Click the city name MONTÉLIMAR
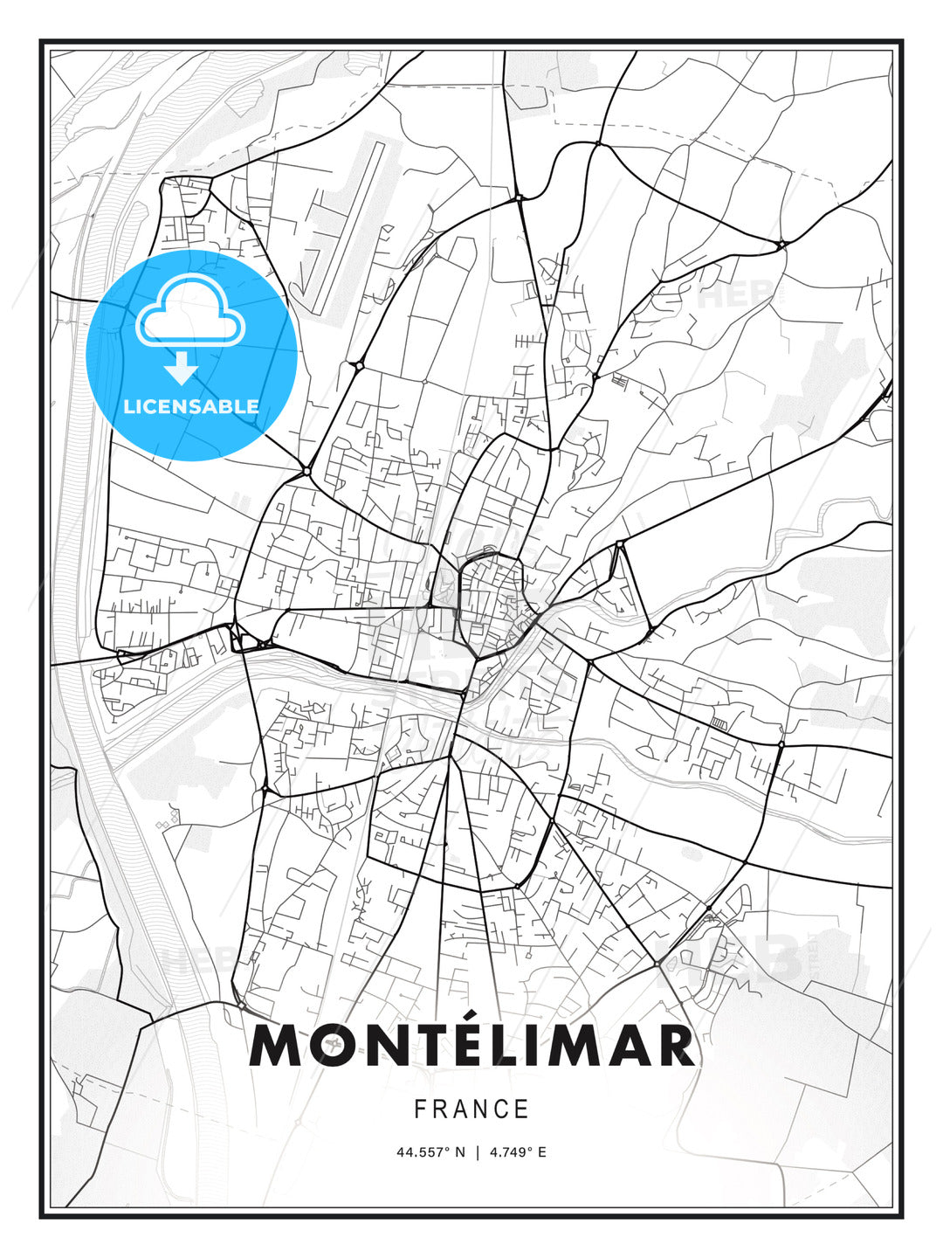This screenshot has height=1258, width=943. [471, 1045]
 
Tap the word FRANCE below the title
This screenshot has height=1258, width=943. [471, 1109]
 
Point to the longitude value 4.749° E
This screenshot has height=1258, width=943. [518, 1152]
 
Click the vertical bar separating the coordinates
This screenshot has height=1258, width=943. [478, 1152]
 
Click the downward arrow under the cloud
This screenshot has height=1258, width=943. [182, 368]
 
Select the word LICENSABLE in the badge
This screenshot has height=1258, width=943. [191, 406]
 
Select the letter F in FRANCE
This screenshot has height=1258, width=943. [420, 1109]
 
